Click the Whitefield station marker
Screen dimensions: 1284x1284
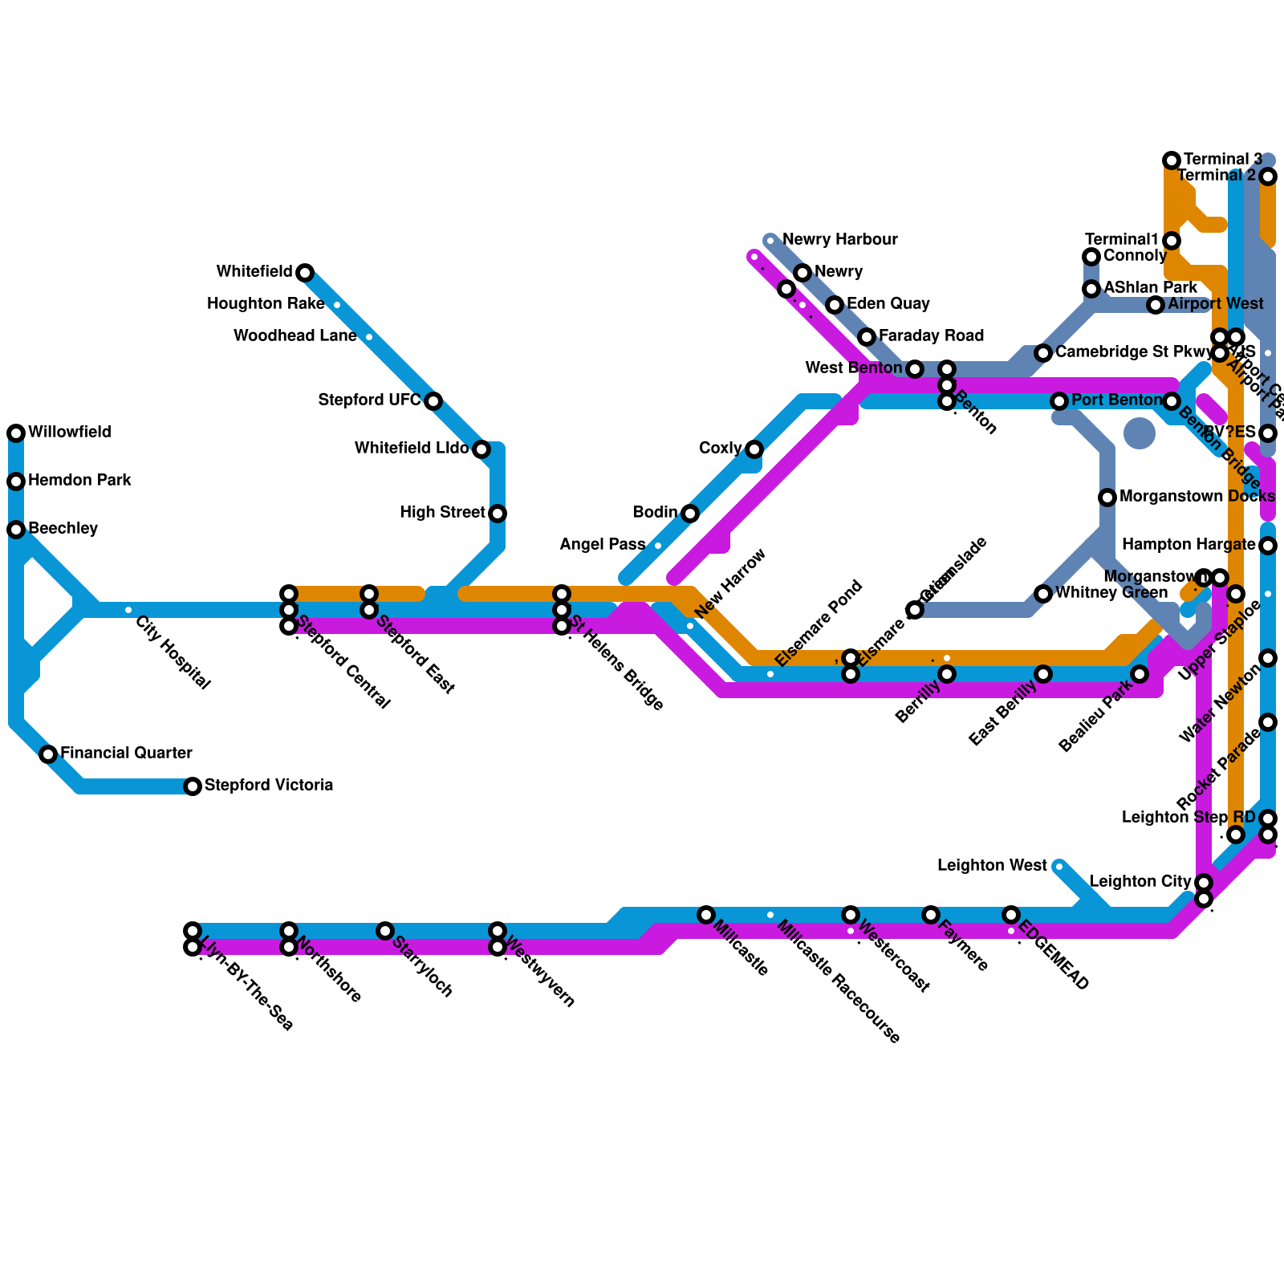click(x=305, y=273)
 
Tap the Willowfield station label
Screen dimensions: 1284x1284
click(x=69, y=433)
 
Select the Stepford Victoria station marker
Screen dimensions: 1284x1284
click(x=193, y=786)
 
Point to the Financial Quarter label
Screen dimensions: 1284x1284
click(x=126, y=754)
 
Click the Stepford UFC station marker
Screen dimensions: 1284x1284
click(x=433, y=401)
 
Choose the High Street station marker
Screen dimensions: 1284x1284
click(x=498, y=514)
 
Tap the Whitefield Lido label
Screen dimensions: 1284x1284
click(x=411, y=449)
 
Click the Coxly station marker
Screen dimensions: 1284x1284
click(x=754, y=449)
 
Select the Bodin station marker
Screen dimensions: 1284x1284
click(x=690, y=514)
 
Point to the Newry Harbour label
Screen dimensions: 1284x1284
click(x=839, y=240)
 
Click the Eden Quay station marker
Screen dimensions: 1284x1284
click(x=835, y=305)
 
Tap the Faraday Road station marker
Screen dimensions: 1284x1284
click(x=867, y=337)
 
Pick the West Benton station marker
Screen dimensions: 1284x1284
click(x=915, y=369)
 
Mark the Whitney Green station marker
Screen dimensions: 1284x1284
click(x=1043, y=594)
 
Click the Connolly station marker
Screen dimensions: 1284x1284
click(x=1091, y=257)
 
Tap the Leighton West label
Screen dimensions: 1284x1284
click(x=992, y=866)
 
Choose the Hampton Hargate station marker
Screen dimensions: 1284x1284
click(x=1268, y=546)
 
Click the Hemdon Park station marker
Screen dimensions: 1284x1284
click(x=16, y=481)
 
